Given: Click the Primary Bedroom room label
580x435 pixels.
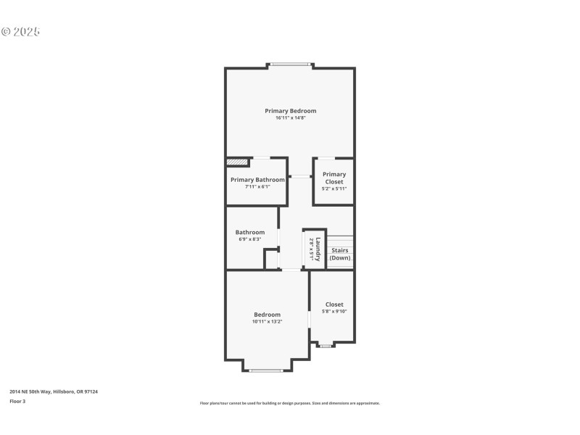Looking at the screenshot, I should coord(290,111).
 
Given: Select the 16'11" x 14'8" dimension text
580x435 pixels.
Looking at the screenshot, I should coord(290,118).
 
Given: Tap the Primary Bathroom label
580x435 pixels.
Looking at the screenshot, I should coord(257,180).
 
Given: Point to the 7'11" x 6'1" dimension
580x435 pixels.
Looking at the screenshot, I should coord(257,187).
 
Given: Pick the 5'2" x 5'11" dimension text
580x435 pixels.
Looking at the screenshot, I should coord(334,188).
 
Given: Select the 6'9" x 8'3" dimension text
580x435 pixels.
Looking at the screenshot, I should coord(249,239).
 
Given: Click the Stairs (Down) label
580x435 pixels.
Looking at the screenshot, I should coord(340,254).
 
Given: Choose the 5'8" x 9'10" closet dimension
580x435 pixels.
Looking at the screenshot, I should coord(334,312).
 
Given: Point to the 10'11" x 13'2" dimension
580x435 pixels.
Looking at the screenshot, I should coord(267,322).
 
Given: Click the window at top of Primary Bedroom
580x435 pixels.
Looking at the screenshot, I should coord(291,65).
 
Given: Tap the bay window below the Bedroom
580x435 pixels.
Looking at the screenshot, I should coord(266,370).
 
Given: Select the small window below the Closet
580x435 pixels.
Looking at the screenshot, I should coord(326,346).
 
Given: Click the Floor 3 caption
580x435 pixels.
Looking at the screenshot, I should coord(17,400).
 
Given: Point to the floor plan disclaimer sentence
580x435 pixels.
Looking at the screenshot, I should coord(289,403).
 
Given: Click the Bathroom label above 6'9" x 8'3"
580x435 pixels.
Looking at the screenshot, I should coord(249,232).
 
